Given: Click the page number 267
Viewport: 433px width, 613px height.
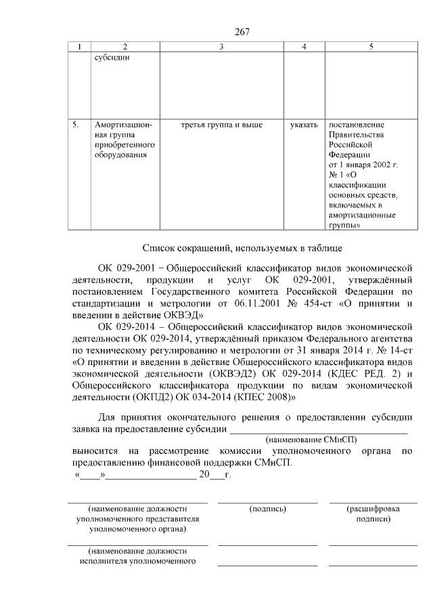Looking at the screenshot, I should click(x=243, y=32).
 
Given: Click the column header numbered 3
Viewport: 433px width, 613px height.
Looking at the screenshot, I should click(x=221, y=47).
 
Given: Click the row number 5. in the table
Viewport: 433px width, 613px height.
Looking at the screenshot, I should click(x=77, y=125).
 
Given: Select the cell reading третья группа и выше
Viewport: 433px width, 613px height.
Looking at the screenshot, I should click(x=221, y=125).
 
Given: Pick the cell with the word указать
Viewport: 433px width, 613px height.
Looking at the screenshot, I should click(x=303, y=125).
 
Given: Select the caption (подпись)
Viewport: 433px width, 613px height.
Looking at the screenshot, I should click(x=267, y=508).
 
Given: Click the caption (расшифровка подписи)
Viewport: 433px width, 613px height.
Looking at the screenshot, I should click(x=373, y=513).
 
